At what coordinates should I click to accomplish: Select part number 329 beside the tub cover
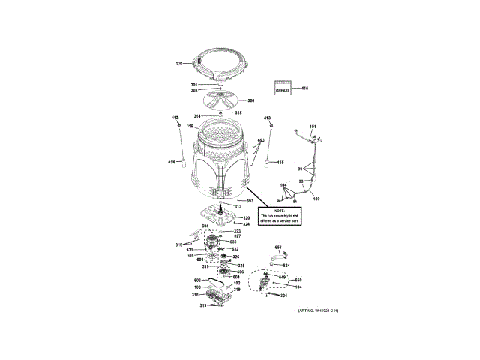(179, 64)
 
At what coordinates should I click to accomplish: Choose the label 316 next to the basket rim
(190, 126)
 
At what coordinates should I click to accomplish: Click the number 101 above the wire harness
(313, 125)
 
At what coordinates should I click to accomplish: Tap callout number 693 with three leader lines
(261, 141)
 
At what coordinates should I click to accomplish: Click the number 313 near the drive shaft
(238, 206)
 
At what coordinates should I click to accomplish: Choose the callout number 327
(236, 235)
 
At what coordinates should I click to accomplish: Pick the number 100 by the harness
(316, 198)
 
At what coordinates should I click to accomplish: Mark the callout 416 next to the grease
(305, 88)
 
